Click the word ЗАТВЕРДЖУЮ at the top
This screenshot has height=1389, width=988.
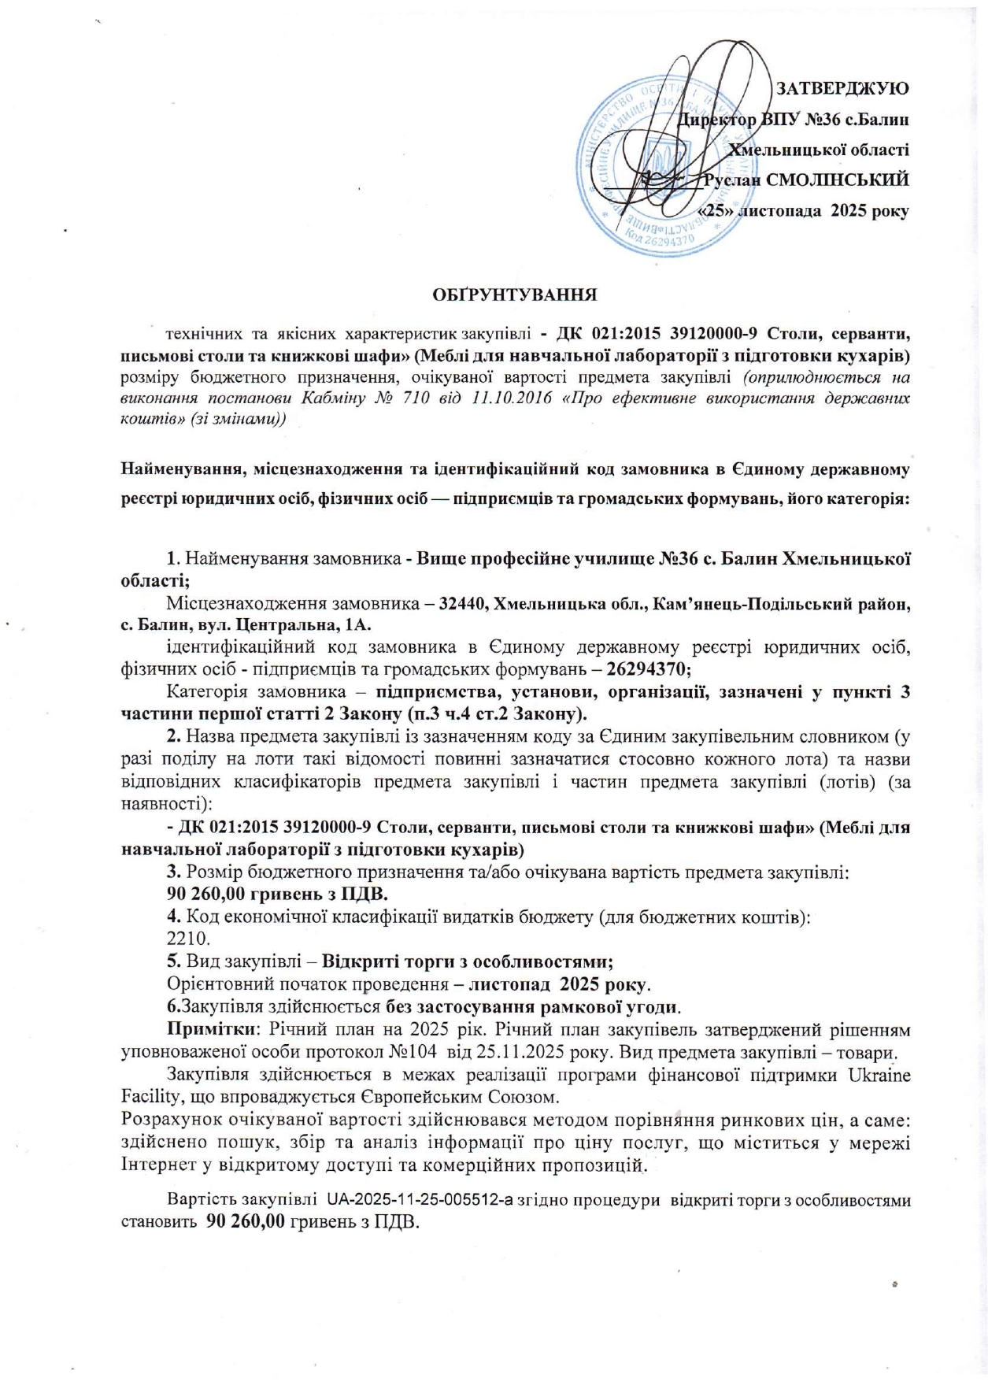[842, 88]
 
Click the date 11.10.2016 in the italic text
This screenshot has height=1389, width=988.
[513, 398]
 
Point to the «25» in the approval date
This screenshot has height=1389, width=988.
[716, 211]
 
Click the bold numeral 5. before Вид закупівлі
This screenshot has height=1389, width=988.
[174, 962]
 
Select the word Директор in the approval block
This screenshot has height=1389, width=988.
[717, 120]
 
